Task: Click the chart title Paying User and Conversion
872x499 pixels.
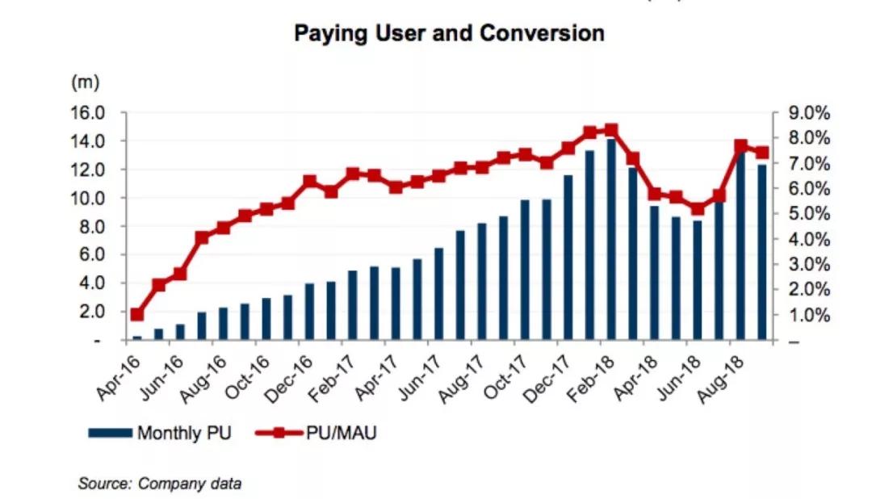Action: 449,34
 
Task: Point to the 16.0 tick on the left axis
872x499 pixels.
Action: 88,113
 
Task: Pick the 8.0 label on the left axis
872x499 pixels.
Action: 91,227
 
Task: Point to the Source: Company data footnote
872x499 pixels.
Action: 159,484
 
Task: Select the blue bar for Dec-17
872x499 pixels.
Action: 568,258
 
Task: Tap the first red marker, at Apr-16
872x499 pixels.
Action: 136,315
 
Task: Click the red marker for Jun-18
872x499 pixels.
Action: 698,209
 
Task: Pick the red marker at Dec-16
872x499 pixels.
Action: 309,182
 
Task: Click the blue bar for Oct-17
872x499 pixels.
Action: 525,270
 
